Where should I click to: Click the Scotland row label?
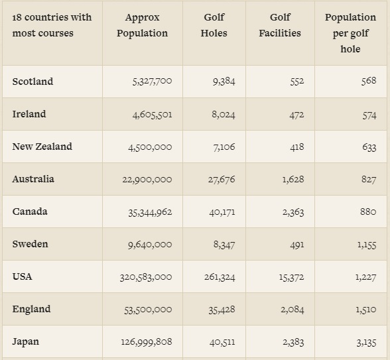pyautogui.click(x=32, y=82)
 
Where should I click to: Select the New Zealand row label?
pyautogui.click(x=42, y=147)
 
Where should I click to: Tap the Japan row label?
pyautogui.click(x=26, y=342)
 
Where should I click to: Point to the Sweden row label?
pyautogui.click(x=31, y=244)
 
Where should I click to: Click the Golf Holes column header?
pyautogui.click(x=214, y=25)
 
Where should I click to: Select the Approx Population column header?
pyautogui.click(x=142, y=25)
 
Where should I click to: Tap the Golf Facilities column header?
pyautogui.click(x=280, y=25)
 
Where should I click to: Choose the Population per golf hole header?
pyautogui.click(x=350, y=33)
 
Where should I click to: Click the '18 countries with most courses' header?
pyautogui.click(x=52, y=25)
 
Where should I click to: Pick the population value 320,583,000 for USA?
pyautogui.click(x=146, y=277)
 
